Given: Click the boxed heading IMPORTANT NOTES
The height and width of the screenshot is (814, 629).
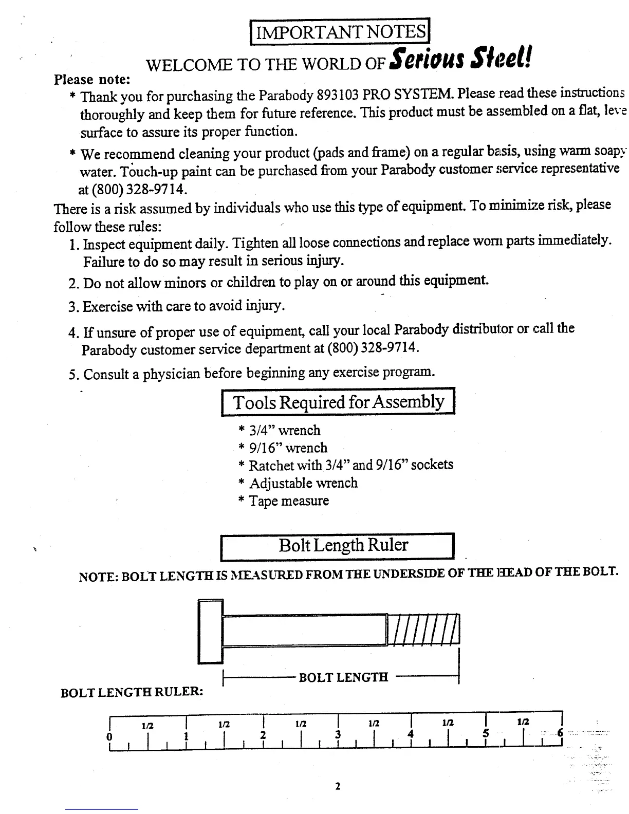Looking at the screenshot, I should (339, 32).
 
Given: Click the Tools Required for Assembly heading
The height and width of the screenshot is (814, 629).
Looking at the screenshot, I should (338, 402).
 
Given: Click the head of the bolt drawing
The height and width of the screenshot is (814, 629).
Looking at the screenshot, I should (210, 632).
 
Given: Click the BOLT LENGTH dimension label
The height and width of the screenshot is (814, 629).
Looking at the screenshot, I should (343, 677).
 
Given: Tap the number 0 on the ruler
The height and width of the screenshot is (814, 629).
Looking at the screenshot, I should (109, 736).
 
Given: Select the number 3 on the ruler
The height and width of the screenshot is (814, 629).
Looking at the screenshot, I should (338, 734).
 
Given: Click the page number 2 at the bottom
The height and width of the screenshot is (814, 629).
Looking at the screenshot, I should (338, 786).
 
